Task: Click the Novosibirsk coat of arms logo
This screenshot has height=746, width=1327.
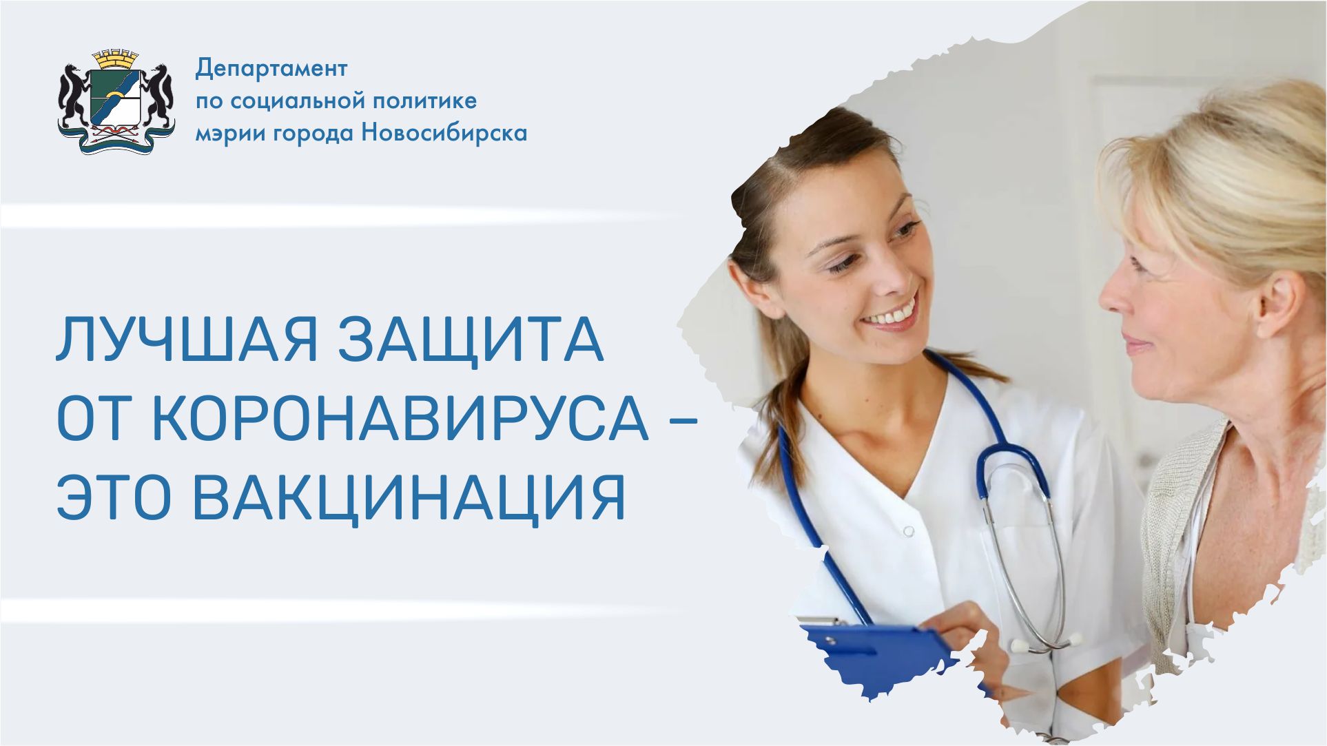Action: click(116, 101)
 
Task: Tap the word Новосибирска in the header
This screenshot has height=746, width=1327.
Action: click(444, 132)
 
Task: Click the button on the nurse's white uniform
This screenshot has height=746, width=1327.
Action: click(909, 531)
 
